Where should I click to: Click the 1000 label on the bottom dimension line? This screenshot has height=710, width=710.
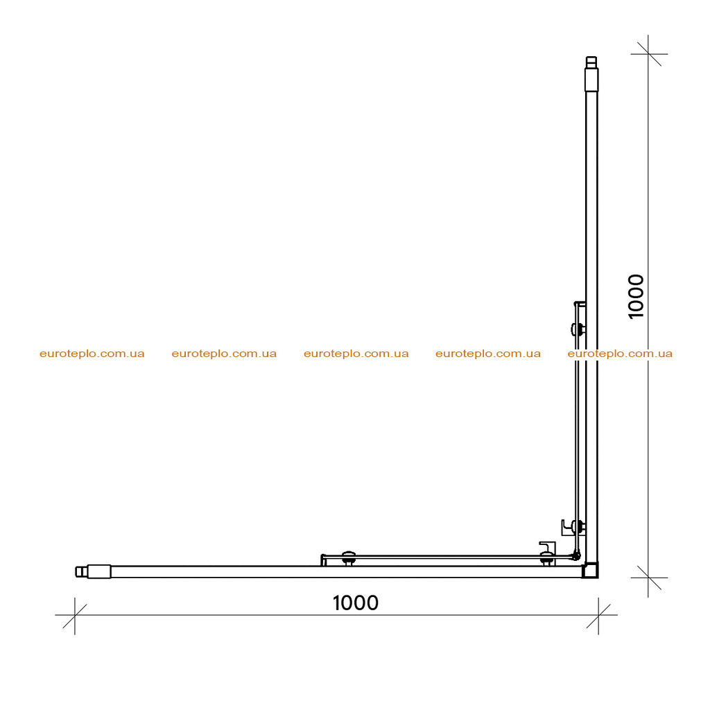356,603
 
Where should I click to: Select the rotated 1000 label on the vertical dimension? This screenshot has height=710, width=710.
637,297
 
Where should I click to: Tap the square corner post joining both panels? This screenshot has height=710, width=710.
590,570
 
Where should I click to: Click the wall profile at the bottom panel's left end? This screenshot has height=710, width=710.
93,571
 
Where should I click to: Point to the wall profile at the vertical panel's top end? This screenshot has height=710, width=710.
591,73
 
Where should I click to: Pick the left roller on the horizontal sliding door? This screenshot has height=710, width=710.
348,558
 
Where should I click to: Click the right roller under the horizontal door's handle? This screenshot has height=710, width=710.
547,560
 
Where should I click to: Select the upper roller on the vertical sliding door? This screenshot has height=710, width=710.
578,329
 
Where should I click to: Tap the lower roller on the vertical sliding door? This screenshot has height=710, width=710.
578,527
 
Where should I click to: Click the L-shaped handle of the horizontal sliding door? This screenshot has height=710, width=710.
548,546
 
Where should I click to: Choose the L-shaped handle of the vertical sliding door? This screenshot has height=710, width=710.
566,528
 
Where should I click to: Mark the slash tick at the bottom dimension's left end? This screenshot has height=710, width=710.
75,616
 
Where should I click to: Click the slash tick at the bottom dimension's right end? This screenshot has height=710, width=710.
598,616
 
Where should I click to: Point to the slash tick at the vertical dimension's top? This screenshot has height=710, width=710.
648,54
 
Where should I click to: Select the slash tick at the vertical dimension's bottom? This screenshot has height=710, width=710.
648,578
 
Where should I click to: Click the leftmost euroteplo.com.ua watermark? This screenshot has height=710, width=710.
92,354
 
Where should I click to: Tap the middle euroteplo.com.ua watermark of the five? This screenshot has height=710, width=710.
356,354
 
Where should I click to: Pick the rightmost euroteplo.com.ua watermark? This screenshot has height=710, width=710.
620,354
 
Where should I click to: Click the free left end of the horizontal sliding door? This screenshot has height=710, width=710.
323,560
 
